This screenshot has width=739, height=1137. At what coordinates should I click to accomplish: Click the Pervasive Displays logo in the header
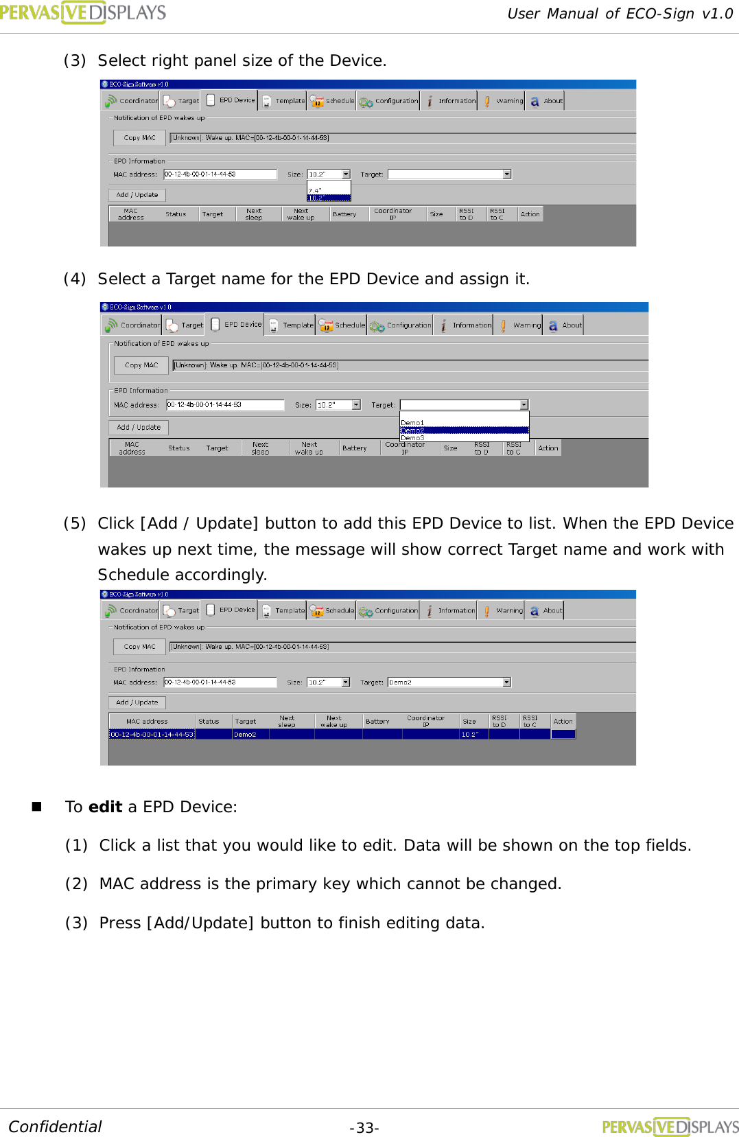[82, 12]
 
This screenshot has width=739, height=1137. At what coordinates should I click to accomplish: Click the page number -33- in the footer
[364, 1128]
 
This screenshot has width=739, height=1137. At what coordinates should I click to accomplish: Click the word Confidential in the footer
[55, 1127]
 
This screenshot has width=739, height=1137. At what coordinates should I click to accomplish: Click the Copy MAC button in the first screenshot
[140, 138]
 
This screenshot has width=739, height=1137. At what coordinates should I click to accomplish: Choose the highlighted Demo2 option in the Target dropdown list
[464, 430]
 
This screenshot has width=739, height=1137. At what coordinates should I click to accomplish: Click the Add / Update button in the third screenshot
[137, 702]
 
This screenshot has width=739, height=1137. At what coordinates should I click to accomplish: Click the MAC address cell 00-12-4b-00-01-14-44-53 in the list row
[152, 735]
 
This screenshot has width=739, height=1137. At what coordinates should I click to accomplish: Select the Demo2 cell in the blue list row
[250, 735]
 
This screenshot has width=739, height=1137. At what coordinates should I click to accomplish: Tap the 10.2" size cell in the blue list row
[473, 735]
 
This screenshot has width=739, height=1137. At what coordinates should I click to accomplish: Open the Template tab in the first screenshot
[283, 101]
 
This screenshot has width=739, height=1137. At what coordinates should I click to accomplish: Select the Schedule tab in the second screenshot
[342, 325]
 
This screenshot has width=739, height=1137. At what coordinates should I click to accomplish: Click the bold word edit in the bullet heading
[105, 807]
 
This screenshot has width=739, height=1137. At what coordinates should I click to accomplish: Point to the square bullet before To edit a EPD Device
[37, 807]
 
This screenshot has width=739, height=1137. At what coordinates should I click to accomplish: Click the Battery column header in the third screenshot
[377, 722]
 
